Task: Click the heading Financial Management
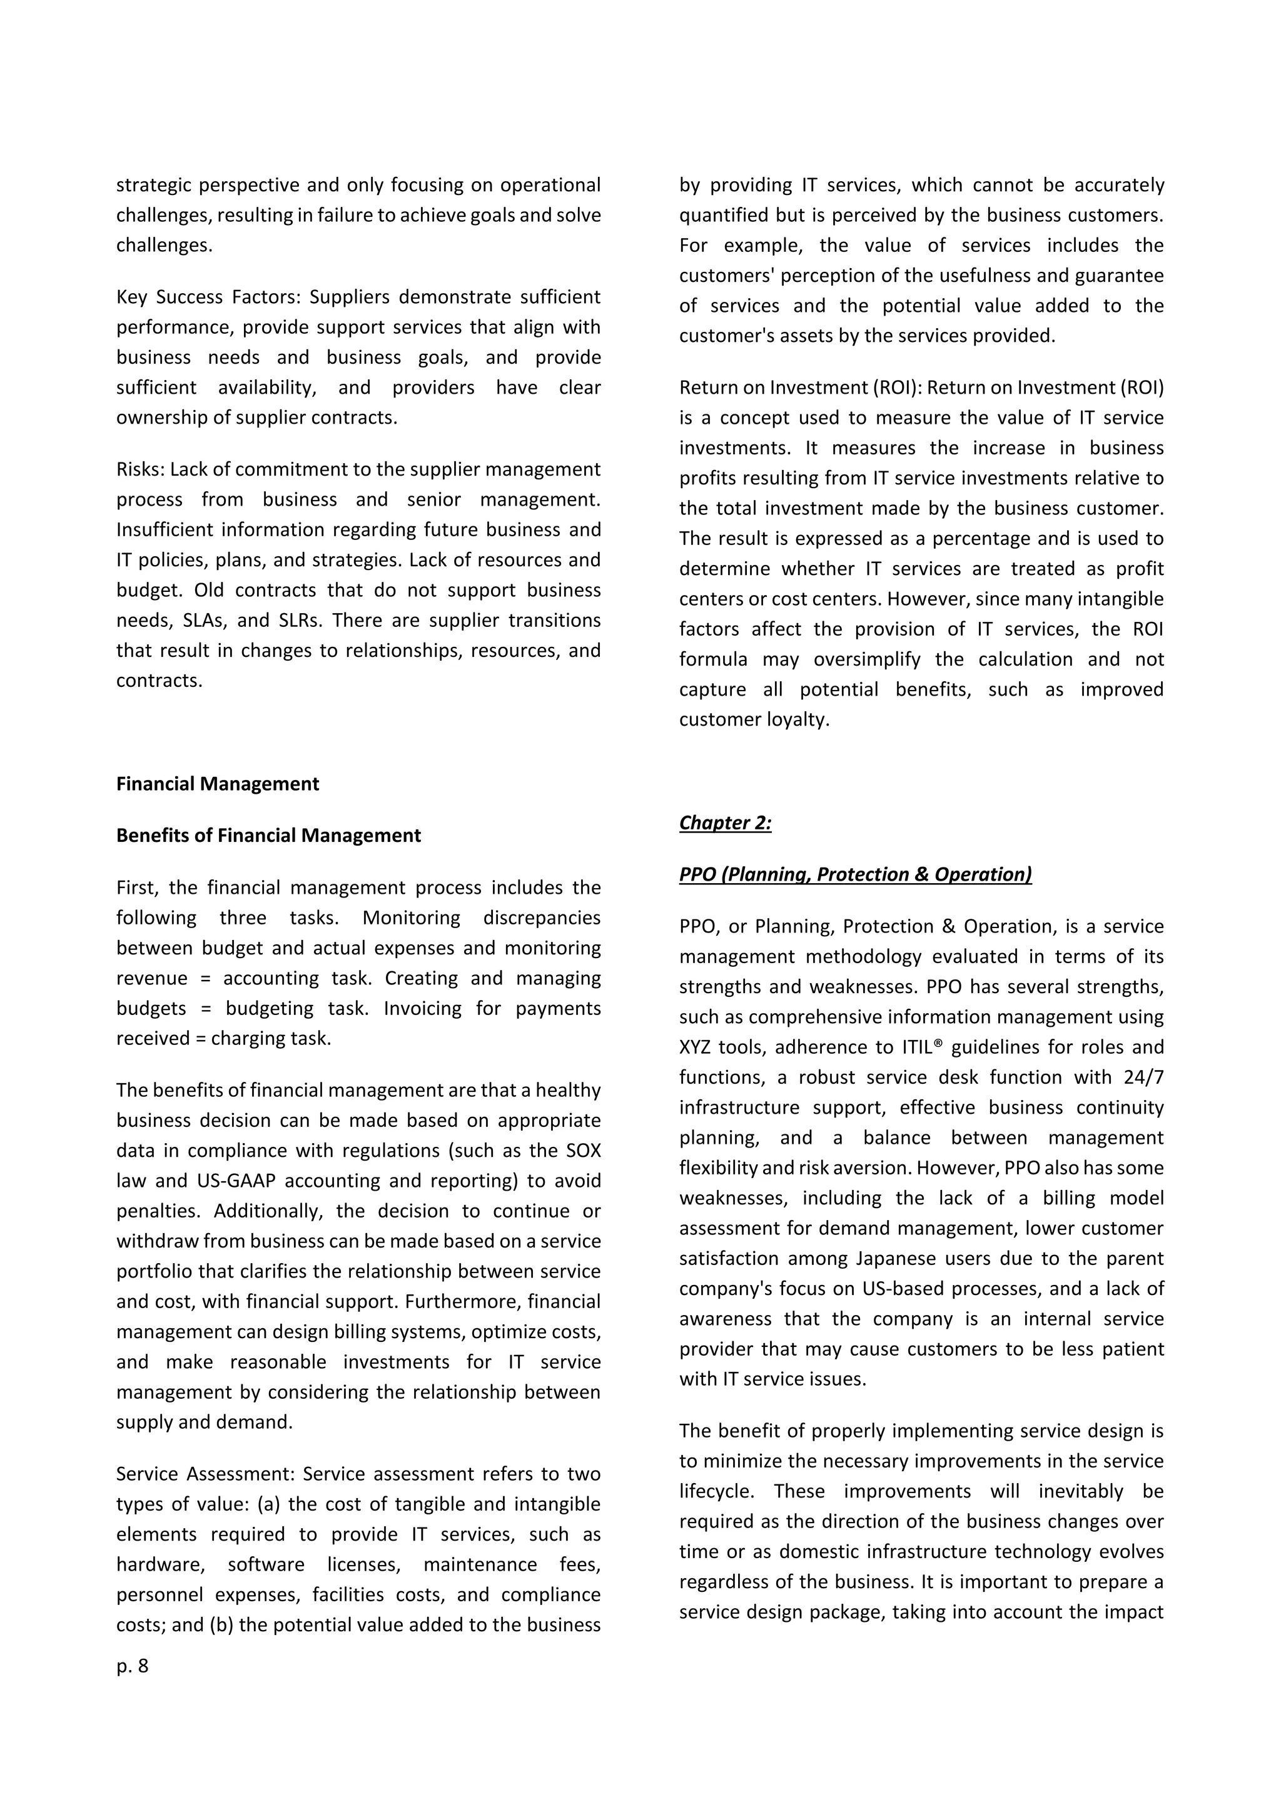click(x=218, y=784)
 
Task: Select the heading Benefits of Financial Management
click(x=268, y=836)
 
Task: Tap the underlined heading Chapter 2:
click(x=725, y=823)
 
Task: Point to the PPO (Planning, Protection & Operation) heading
click(x=855, y=874)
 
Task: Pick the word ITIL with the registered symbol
click(x=921, y=1047)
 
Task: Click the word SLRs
click(x=300, y=621)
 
